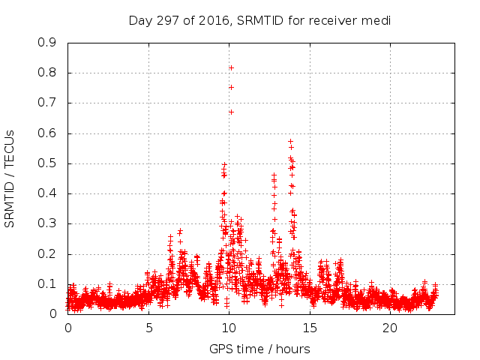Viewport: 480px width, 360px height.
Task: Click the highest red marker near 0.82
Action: pos(231,67)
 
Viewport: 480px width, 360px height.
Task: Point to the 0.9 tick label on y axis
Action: pos(47,43)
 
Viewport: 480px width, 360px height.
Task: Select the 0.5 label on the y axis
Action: pos(47,163)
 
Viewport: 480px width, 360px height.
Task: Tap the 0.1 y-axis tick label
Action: pos(47,283)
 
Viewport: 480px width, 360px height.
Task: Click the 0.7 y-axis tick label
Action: pos(47,103)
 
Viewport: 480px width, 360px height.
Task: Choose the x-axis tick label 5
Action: pos(148,328)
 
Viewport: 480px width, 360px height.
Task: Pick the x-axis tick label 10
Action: pos(229,328)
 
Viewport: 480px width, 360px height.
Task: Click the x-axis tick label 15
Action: pos(310,328)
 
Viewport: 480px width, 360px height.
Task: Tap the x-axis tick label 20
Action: pos(390,328)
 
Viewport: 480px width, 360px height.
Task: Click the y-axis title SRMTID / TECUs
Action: pos(10,178)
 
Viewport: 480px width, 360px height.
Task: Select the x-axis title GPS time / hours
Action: pos(259,349)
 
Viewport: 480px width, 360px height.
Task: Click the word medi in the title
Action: pos(379,20)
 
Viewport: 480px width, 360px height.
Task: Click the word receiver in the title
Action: pos(338,20)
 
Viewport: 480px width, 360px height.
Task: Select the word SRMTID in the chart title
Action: pos(262,20)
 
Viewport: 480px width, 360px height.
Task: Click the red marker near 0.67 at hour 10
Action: pos(231,112)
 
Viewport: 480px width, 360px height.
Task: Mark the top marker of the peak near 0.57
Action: pos(290,141)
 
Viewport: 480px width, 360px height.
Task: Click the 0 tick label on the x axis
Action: pos(68,328)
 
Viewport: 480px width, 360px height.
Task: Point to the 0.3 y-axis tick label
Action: pos(47,223)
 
